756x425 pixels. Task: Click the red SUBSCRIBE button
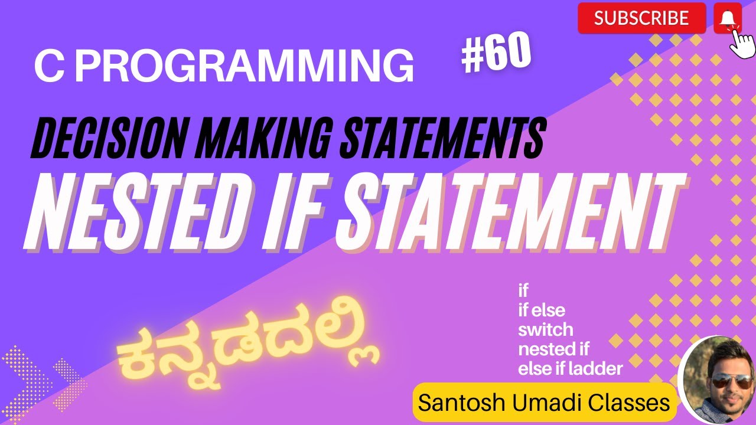point(641,18)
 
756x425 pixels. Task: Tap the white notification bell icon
point(728,18)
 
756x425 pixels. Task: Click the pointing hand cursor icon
point(742,44)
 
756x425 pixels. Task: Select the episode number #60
point(496,53)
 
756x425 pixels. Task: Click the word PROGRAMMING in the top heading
point(245,65)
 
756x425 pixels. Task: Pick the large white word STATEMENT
point(510,212)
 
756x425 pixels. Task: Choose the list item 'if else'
point(542,310)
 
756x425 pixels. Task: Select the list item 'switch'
point(545,330)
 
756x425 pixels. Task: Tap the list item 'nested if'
point(553,349)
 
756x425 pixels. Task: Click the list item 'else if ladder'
point(571,369)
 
